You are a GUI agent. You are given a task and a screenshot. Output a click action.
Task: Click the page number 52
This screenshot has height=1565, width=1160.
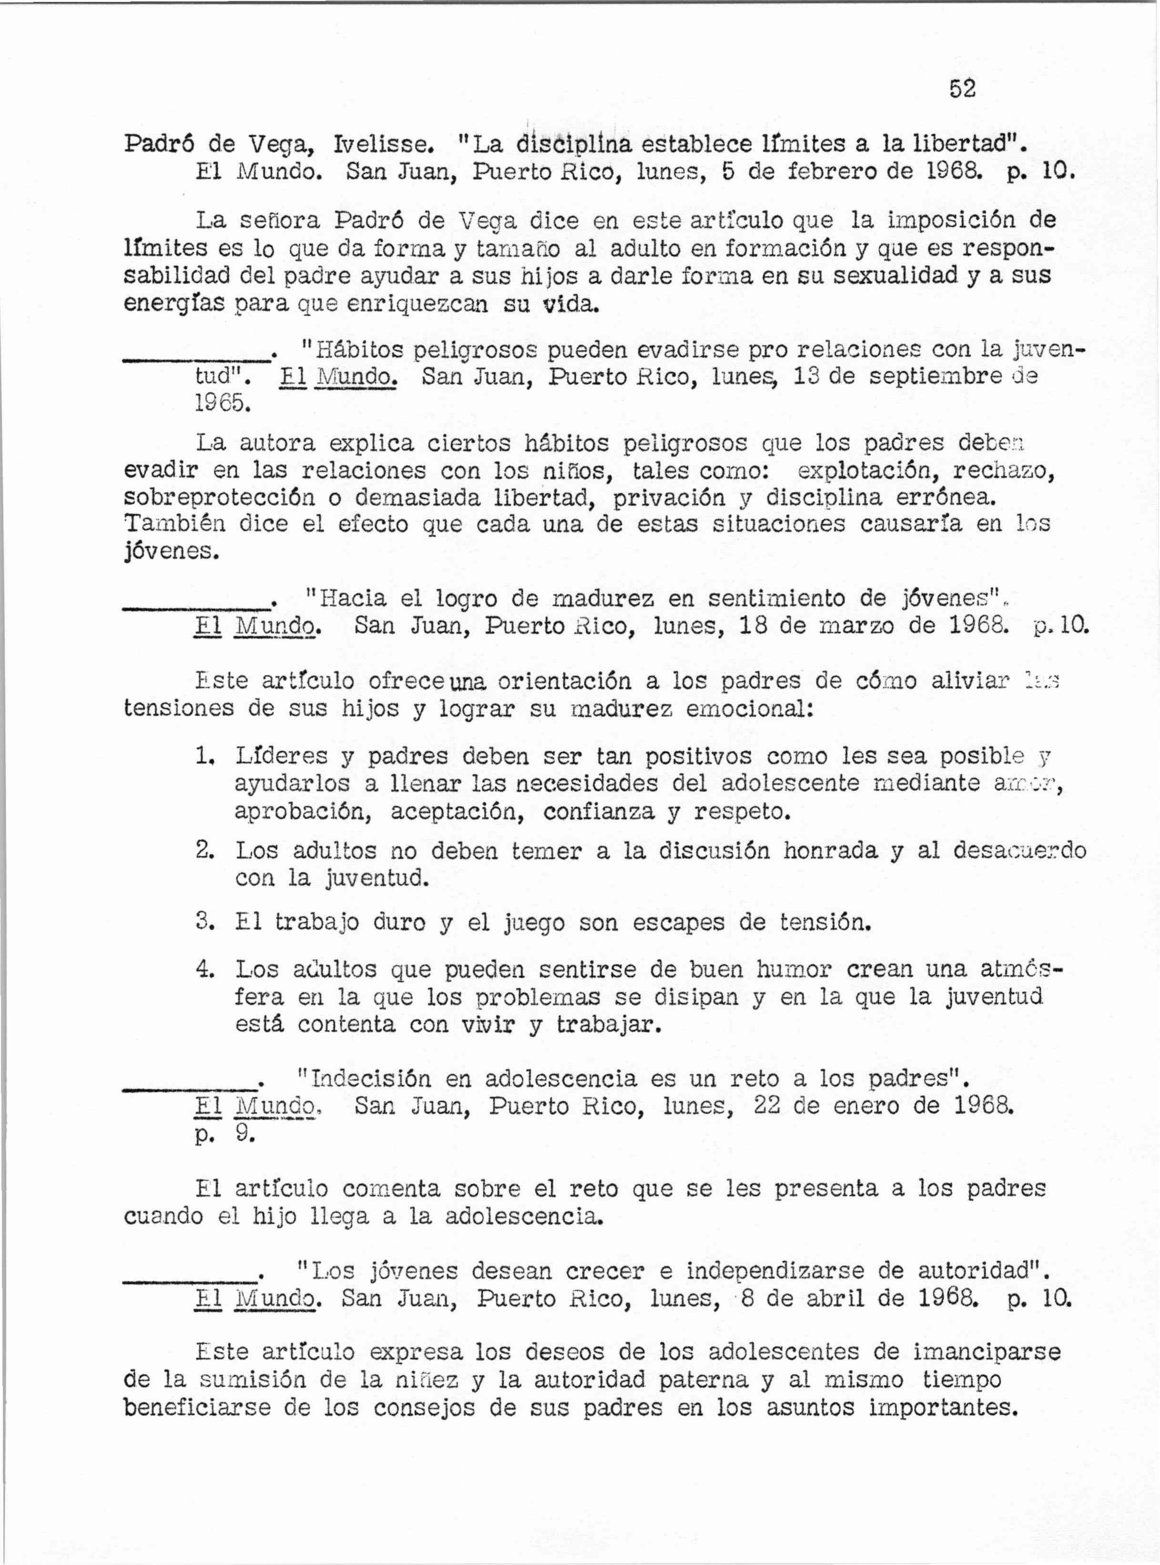[962, 89]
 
